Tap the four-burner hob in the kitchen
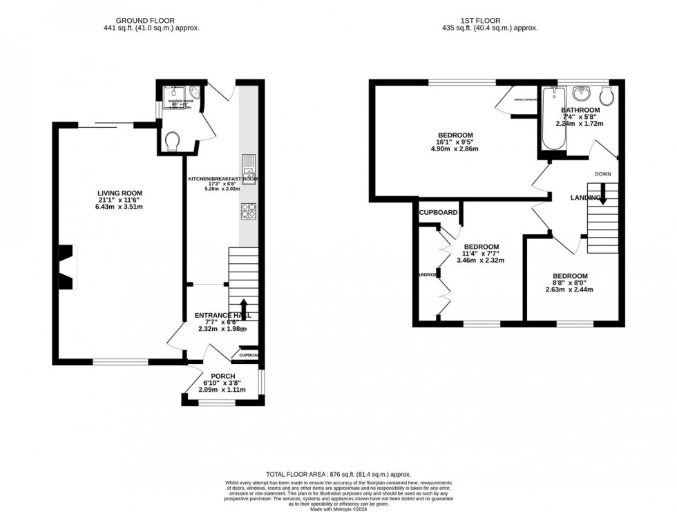tap(248, 210)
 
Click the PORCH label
tap(218, 376)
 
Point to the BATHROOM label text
tap(580, 110)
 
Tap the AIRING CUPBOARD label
tap(526, 99)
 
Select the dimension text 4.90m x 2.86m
tap(455, 149)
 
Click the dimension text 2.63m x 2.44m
tap(569, 290)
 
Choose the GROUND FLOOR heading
tap(145, 21)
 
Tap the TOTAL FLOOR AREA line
tap(338, 475)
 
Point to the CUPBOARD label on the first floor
tap(438, 213)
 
